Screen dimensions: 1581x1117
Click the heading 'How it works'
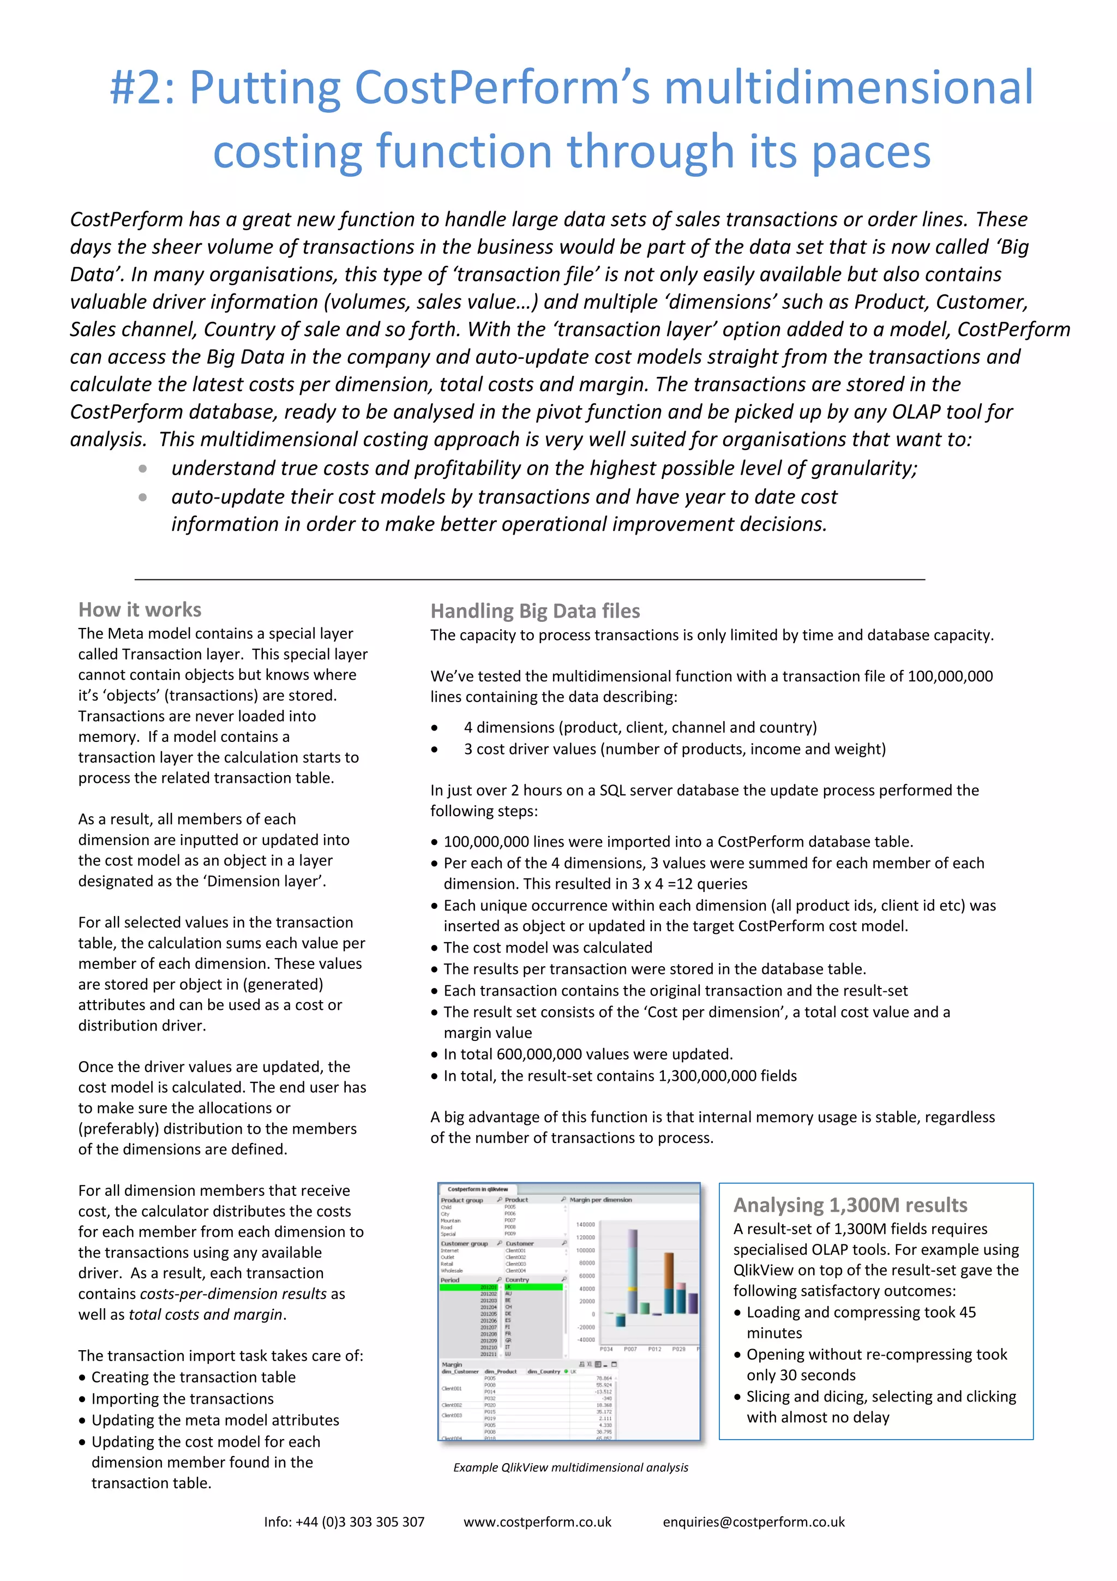click(x=140, y=610)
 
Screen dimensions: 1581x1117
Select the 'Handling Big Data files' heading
click(x=535, y=612)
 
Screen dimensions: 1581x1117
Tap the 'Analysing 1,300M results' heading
click(x=850, y=1205)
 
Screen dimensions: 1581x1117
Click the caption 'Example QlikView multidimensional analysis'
click(x=570, y=1468)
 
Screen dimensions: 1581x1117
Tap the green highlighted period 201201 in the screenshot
click(x=489, y=1287)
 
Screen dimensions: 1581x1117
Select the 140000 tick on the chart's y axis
click(x=586, y=1224)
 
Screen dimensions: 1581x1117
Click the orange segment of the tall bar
click(x=669, y=1271)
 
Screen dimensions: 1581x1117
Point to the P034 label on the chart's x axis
click(x=606, y=1350)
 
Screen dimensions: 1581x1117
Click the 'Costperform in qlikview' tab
click(x=478, y=1189)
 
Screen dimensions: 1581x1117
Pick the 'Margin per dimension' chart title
click(x=601, y=1200)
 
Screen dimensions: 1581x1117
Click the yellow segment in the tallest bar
click(x=633, y=1289)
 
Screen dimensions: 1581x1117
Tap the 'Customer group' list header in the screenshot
click(x=465, y=1244)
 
